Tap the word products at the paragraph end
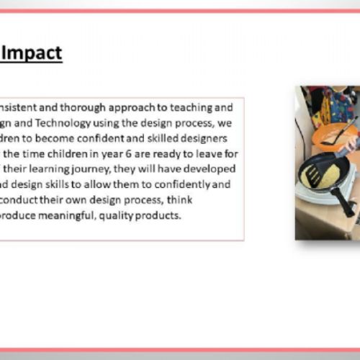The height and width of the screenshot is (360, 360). click(176, 215)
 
